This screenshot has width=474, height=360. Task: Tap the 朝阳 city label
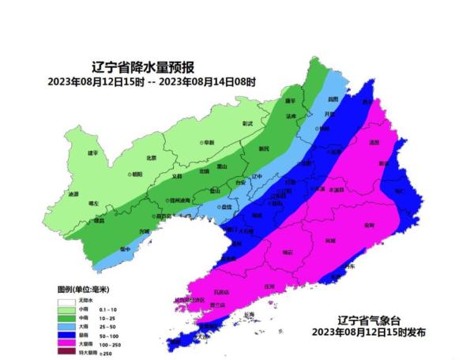pos(139,174)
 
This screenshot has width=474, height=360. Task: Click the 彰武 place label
pos(247,124)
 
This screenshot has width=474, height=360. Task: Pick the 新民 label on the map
pos(264,148)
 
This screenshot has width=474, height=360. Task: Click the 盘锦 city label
pos(226,206)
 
